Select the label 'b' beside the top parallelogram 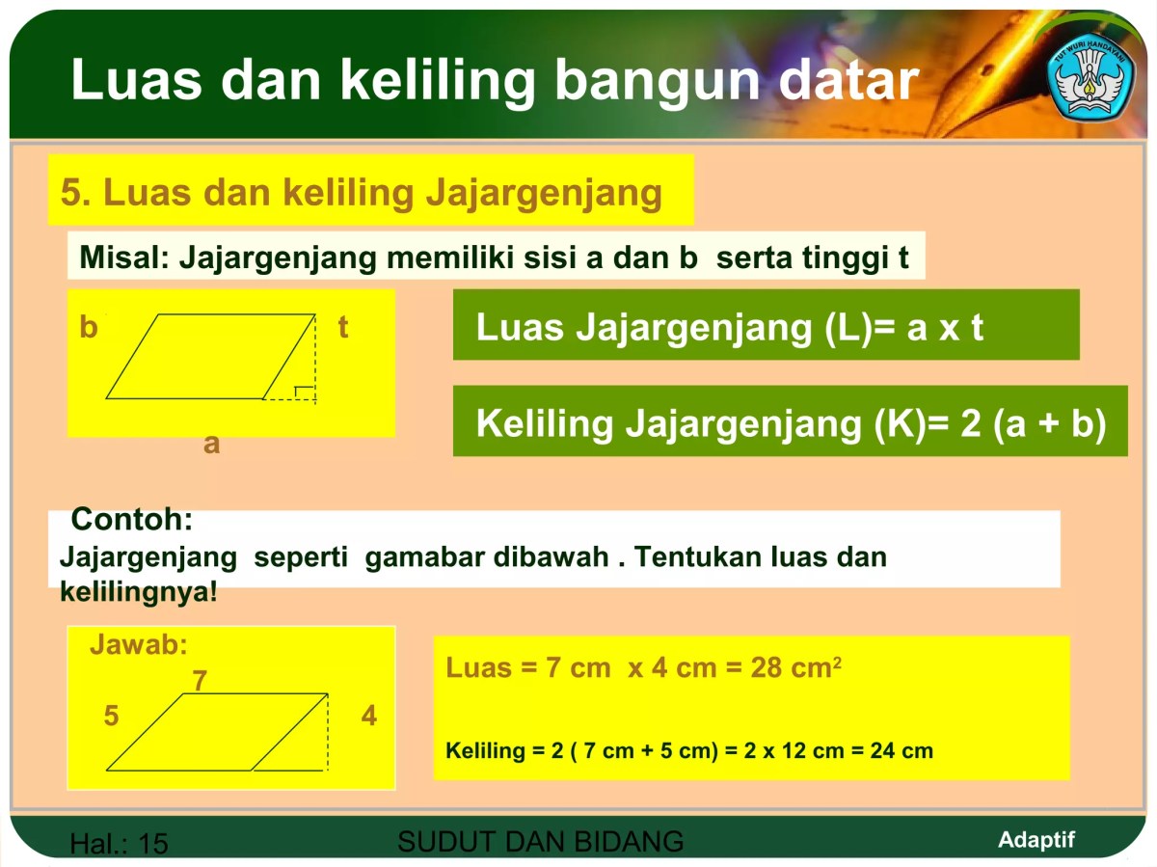tap(89, 328)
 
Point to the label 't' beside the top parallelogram tap(342, 328)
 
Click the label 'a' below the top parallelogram tap(211, 444)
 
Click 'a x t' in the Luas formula tap(945, 328)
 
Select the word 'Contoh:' tap(132, 520)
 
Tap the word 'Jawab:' tap(139, 645)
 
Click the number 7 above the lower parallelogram tap(200, 682)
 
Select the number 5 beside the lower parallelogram tap(112, 717)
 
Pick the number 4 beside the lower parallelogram tap(368, 717)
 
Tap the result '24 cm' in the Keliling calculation tap(901, 750)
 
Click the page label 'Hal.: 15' tap(119, 845)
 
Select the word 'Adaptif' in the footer tap(1036, 839)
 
